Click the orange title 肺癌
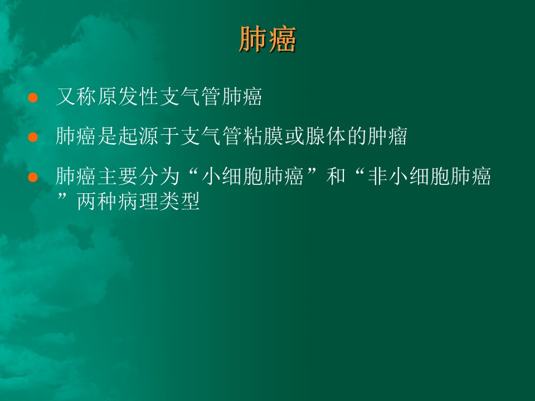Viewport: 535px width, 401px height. coord(267,40)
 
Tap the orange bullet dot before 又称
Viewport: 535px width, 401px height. coord(33,97)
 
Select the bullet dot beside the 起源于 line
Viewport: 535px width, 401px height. coord(33,137)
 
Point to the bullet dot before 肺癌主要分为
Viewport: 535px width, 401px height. coord(33,177)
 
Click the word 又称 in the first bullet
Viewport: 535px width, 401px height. coord(76,97)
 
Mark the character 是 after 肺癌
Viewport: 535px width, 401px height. coord(108,136)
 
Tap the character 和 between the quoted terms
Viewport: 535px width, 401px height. coord(335,177)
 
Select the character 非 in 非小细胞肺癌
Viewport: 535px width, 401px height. coord(377,177)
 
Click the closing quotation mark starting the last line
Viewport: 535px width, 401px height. coord(62,197)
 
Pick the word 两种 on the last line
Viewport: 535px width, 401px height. coord(97,202)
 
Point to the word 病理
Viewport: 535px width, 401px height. coord(138,202)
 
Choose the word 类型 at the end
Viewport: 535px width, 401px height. coord(179,202)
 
